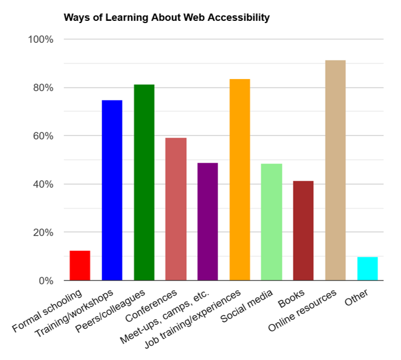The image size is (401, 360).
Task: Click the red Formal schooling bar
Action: pos(80,266)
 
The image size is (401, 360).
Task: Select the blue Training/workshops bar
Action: pos(112,190)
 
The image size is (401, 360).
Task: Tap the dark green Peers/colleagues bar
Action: pos(144,183)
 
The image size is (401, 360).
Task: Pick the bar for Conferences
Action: pos(176,209)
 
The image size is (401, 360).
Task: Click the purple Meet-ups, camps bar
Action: pos(208,222)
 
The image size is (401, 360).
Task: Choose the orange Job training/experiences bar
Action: pos(240,180)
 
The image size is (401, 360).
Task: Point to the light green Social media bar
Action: pos(271,222)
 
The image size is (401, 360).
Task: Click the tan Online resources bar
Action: pos(335,171)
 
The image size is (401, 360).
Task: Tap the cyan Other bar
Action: pos(367,268)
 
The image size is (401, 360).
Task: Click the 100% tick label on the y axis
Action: pos(41,40)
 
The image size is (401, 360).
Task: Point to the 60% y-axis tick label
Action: pos(43,136)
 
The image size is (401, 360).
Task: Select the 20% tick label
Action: pos(43,232)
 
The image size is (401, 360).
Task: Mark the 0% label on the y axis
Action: pos(45,280)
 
